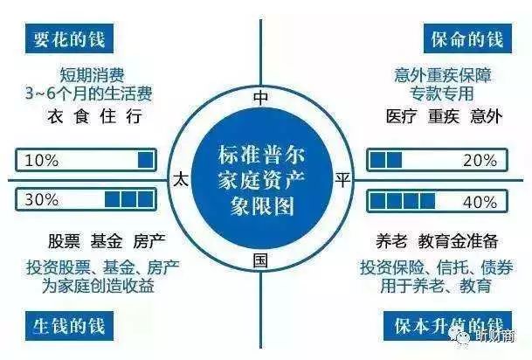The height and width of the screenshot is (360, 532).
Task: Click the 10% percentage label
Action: pyautogui.click(x=43, y=161)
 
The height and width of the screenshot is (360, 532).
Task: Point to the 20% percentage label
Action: pyautogui.click(x=480, y=161)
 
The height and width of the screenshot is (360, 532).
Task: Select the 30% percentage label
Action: pyautogui.click(x=43, y=199)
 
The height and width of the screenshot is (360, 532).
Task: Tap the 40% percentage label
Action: pyautogui.click(x=480, y=199)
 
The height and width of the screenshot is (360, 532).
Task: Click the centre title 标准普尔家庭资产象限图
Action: pyautogui.click(x=260, y=178)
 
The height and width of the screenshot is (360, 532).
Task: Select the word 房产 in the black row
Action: pyautogui.click(x=149, y=242)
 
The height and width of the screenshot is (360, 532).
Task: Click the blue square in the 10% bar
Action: pyautogui.click(x=146, y=161)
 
